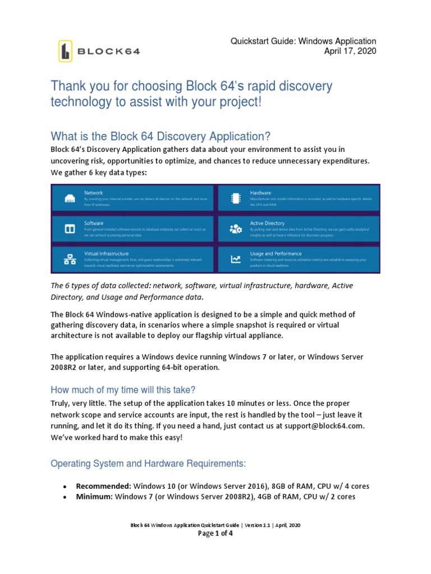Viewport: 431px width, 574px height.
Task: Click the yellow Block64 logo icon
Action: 66,51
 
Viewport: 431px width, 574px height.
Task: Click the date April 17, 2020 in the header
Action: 350,52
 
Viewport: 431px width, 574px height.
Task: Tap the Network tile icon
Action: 70,199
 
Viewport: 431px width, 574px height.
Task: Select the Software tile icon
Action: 70,229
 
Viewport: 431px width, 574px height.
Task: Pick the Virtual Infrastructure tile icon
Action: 70,259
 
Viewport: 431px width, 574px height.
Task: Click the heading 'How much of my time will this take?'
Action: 123,390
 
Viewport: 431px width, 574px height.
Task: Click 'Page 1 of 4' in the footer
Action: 215,534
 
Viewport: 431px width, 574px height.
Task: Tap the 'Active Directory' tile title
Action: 267,223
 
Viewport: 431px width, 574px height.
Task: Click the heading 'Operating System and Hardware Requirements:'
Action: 148,464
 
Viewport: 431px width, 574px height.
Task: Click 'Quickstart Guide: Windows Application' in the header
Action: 304,41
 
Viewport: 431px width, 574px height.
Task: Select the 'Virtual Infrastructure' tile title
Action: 107,253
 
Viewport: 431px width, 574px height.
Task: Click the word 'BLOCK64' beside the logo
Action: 108,52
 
